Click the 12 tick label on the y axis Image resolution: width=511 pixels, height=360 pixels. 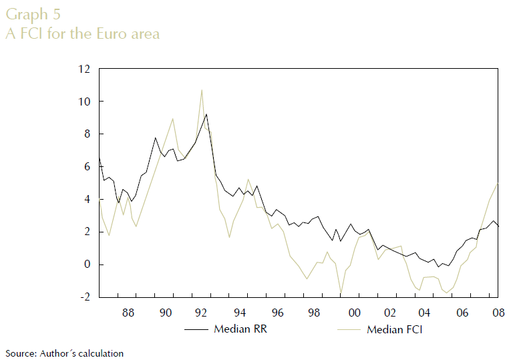(84, 69)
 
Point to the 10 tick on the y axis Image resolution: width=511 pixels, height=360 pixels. (84, 102)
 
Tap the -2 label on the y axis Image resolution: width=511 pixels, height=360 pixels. (85, 297)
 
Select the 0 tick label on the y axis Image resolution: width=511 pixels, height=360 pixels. (88, 264)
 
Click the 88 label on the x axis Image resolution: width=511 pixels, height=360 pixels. (128, 312)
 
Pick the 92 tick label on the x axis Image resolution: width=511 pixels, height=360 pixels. (203, 312)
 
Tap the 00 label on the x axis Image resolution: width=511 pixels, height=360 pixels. (354, 312)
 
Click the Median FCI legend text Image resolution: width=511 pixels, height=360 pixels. (395, 329)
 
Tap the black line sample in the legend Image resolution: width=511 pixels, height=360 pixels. (195, 329)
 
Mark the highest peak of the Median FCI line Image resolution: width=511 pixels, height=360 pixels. (201, 89)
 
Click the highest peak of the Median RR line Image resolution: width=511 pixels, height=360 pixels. (206, 114)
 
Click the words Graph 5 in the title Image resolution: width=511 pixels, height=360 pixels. (30, 14)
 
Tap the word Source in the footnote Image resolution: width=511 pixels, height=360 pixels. (19, 353)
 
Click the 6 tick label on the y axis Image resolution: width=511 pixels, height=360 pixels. (88, 167)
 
